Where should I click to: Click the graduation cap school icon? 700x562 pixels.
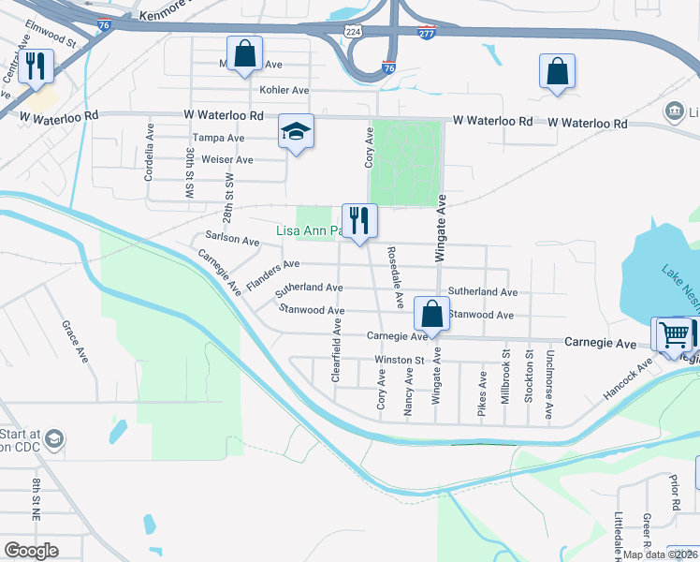[x=296, y=132]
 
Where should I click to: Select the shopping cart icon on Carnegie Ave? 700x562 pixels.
[x=674, y=334]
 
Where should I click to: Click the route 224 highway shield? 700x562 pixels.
[x=354, y=30]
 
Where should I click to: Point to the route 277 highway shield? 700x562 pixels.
[x=427, y=33]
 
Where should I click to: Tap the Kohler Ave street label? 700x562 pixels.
[x=284, y=91]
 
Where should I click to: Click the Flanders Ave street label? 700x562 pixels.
[x=271, y=274]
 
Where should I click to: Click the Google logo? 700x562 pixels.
[x=31, y=551]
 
